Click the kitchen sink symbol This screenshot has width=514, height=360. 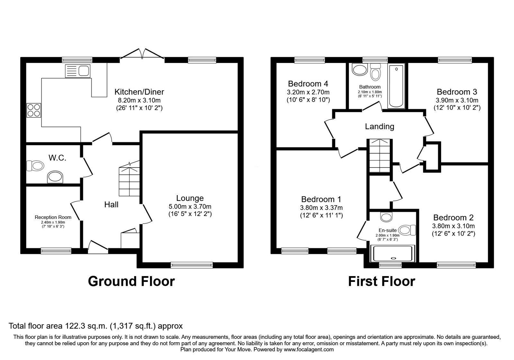point(78,71)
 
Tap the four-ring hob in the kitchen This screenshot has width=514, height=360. point(34,110)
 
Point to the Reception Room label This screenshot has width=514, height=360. point(53,217)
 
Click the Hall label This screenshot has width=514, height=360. point(111,204)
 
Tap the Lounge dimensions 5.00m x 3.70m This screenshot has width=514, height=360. point(190,206)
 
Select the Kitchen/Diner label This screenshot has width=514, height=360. point(139,92)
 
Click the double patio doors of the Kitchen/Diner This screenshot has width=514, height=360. point(142,54)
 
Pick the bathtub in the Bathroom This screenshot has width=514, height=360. point(397,86)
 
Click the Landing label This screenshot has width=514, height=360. point(379,126)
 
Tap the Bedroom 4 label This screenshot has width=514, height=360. point(308,84)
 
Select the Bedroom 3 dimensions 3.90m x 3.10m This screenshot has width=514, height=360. point(457,100)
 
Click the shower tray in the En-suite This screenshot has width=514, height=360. point(393,253)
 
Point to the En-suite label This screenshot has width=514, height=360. point(387,230)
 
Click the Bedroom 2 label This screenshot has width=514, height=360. point(453,218)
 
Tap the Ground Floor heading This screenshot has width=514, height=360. point(131,281)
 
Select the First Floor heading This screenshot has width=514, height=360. point(381,281)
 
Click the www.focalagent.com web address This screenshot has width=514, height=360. point(308,349)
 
